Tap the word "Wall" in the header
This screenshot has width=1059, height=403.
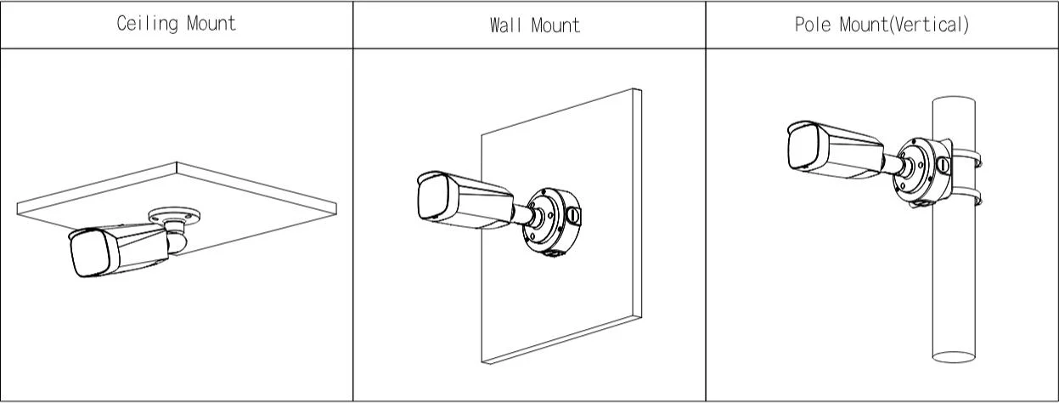tap(504, 25)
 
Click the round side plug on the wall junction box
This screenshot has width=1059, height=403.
tap(574, 217)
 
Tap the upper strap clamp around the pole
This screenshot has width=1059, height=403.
tap(970, 158)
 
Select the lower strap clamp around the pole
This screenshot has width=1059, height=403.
tap(970, 202)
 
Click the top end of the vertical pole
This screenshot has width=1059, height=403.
tap(953, 103)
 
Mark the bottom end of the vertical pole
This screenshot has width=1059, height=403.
tap(953, 358)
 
